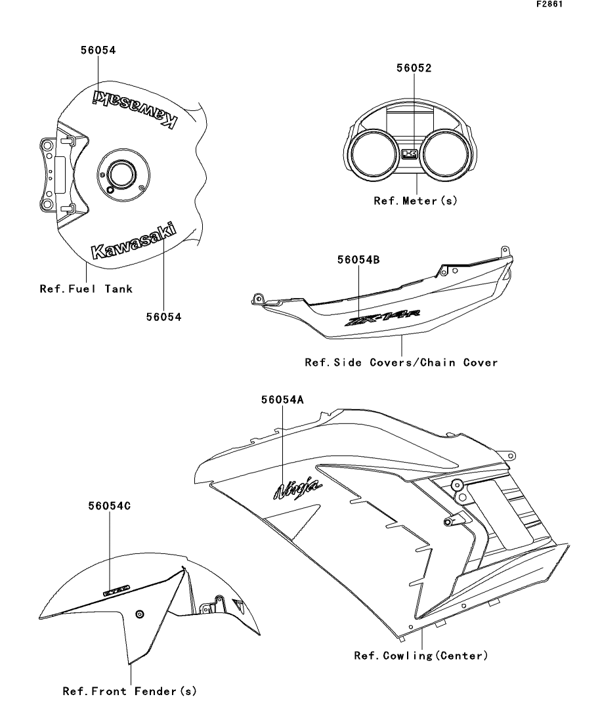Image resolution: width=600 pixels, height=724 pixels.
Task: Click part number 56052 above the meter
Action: tap(414, 68)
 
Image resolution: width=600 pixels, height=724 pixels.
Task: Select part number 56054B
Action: tap(358, 259)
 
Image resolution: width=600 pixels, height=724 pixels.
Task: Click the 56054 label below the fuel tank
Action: tap(164, 316)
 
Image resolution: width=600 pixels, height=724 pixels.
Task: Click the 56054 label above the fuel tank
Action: tap(99, 49)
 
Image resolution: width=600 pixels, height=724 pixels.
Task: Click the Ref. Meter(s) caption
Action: tap(415, 201)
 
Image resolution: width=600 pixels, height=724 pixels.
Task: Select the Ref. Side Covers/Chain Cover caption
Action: tap(401, 362)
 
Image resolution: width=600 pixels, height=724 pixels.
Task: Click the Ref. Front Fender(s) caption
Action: tap(130, 691)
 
